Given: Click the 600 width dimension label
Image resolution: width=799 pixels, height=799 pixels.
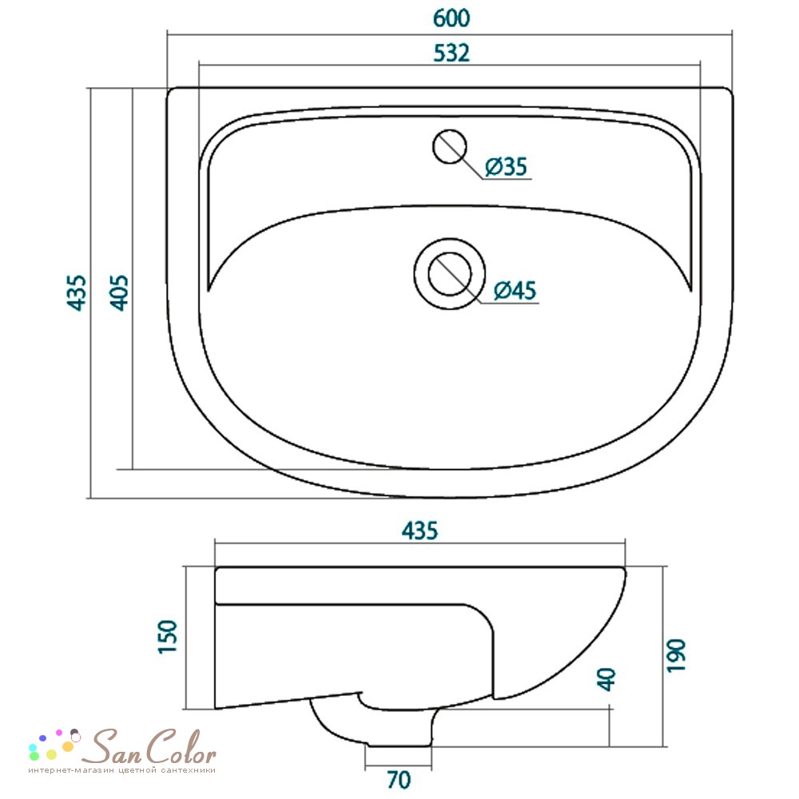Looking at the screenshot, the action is (451, 18).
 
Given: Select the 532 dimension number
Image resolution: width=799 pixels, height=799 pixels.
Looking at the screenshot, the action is (451, 53).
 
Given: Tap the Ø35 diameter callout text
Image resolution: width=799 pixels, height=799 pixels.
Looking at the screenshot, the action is (506, 167).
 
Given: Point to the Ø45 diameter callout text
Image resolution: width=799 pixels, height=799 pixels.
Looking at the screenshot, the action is (515, 291).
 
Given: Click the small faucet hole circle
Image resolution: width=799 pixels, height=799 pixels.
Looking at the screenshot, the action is (449, 147).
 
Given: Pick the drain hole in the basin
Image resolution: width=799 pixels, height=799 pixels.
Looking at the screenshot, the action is (449, 274).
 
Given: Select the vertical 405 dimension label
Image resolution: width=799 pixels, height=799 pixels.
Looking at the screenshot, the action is (120, 292).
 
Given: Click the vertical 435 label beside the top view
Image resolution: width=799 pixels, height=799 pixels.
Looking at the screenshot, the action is (77, 292).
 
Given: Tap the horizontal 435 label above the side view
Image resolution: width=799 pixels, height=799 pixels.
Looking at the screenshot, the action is (420, 531).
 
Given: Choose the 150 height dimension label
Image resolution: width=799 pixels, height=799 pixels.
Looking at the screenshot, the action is (168, 637).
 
